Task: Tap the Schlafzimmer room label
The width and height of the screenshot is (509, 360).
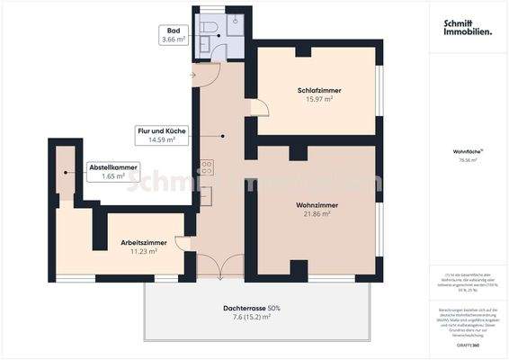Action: click(319, 91)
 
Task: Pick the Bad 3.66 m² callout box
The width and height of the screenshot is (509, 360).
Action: click(174, 35)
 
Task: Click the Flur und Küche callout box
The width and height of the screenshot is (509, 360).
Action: click(162, 136)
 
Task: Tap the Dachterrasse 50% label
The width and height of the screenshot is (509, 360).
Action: click(253, 309)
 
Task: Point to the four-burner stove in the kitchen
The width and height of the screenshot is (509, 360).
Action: click(206, 166)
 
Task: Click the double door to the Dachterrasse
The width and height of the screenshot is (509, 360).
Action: click(219, 266)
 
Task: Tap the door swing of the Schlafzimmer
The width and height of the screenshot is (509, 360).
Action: click(260, 109)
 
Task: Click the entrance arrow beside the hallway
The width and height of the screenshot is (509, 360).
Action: click(192, 75)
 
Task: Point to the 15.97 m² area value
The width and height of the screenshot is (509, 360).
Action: click(319, 101)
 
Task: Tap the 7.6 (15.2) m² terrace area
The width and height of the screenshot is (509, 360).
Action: click(253, 317)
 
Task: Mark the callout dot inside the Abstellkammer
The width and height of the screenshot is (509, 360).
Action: click(67, 172)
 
